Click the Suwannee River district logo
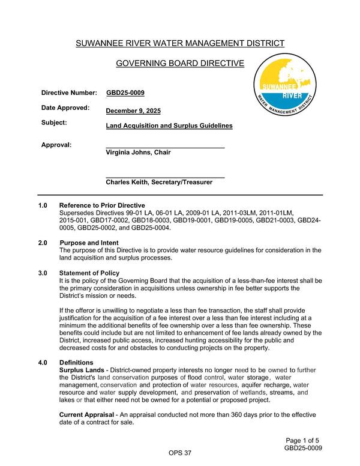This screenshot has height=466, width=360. pyautogui.click(x=284, y=88)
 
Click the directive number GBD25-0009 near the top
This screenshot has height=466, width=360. pyautogui.click(x=125, y=93)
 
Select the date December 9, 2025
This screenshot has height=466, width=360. pyautogui.click(x=133, y=111)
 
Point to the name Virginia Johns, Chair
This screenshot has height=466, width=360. pyautogui.click(x=138, y=153)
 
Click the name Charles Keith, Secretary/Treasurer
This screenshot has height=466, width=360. pyautogui.click(x=159, y=182)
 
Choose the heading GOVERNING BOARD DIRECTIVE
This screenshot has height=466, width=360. pyautogui.click(x=179, y=64)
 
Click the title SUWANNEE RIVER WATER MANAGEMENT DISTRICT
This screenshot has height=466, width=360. pyautogui.click(x=179, y=43)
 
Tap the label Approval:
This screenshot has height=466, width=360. pyautogui.click(x=56, y=145)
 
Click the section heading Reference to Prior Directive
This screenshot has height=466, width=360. pyautogui.click(x=102, y=205)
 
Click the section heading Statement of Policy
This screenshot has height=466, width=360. pyautogui.click(x=89, y=273)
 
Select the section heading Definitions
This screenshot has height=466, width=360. pyautogui.click(x=76, y=363)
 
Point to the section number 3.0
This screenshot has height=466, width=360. pyautogui.click(x=43, y=273)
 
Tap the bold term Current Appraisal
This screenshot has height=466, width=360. pyautogui.click(x=86, y=415)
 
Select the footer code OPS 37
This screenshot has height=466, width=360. pyautogui.click(x=179, y=452)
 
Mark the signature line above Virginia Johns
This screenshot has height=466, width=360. pyautogui.click(x=165, y=147)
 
